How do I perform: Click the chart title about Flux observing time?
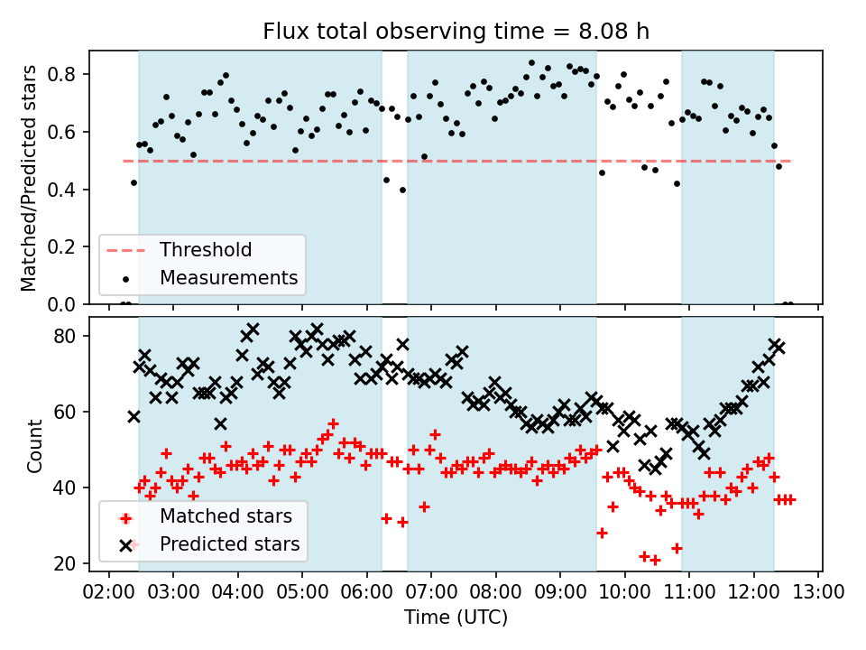[456, 32]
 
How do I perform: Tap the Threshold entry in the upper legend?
[206, 249]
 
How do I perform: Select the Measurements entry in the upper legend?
[228, 277]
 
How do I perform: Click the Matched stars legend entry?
[226, 516]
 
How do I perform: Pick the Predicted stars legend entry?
[229, 544]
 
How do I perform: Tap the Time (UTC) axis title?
[456, 617]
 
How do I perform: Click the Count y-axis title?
[35, 445]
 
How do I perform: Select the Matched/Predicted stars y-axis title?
[29, 178]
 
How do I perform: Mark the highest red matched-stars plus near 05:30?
[333, 423]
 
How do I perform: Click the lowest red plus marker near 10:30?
[655, 560]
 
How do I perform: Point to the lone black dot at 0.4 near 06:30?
[402, 190]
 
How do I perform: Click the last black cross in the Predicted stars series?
[778, 348]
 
